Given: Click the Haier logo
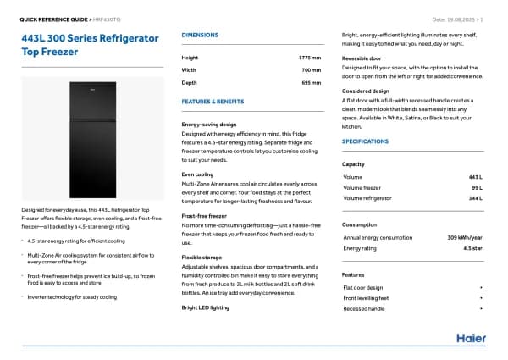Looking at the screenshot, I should click(x=471, y=338).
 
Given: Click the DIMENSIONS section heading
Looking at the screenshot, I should click(x=200, y=35).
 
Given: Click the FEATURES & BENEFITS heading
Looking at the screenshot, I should click(x=213, y=101).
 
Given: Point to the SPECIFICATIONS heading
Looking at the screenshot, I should click(x=365, y=141).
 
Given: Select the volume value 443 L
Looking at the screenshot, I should click(x=474, y=176).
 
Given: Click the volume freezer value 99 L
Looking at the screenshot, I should click(x=476, y=187).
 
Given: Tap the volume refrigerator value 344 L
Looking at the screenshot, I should click(x=474, y=198).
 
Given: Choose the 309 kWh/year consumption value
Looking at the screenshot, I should click(x=465, y=237).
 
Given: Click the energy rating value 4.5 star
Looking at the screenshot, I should click(x=472, y=248).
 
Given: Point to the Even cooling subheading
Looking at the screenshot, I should click(x=198, y=174).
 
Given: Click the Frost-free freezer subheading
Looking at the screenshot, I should click(x=205, y=216).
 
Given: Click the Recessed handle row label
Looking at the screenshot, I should click(x=363, y=309).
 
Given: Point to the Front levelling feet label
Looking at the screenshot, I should click(x=367, y=298).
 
